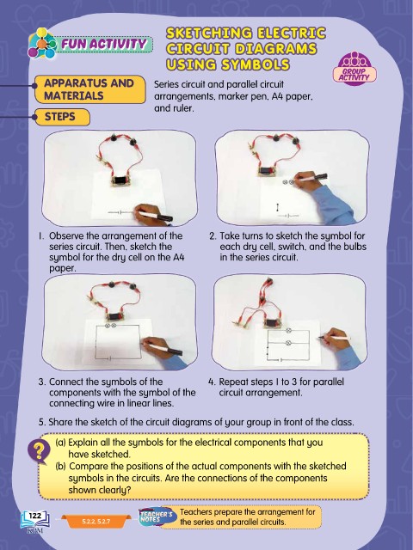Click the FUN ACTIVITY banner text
tap(104, 44)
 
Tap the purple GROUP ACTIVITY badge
tap(354, 69)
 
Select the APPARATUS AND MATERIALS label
tap(89, 89)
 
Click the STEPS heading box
tap(62, 117)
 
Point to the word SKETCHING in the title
tap(209, 34)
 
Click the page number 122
tap(34, 516)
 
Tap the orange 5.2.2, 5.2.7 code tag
tap(96, 522)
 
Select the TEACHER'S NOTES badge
tap(157, 516)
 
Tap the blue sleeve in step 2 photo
tap(333, 205)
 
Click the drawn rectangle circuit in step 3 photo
tap(117, 342)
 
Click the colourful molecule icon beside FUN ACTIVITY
tap(42, 44)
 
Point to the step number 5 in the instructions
tap(42, 422)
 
